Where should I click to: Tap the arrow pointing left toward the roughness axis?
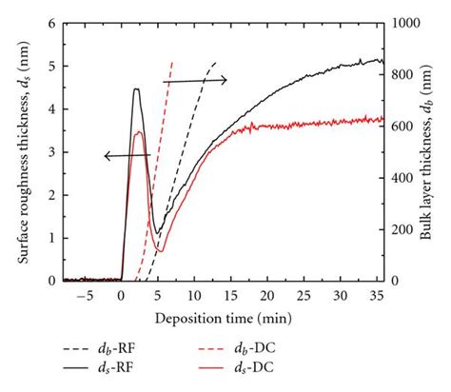point(127,154)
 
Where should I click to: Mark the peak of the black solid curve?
point(136,88)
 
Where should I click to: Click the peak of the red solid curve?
point(139,131)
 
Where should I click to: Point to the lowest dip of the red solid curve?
point(161,251)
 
